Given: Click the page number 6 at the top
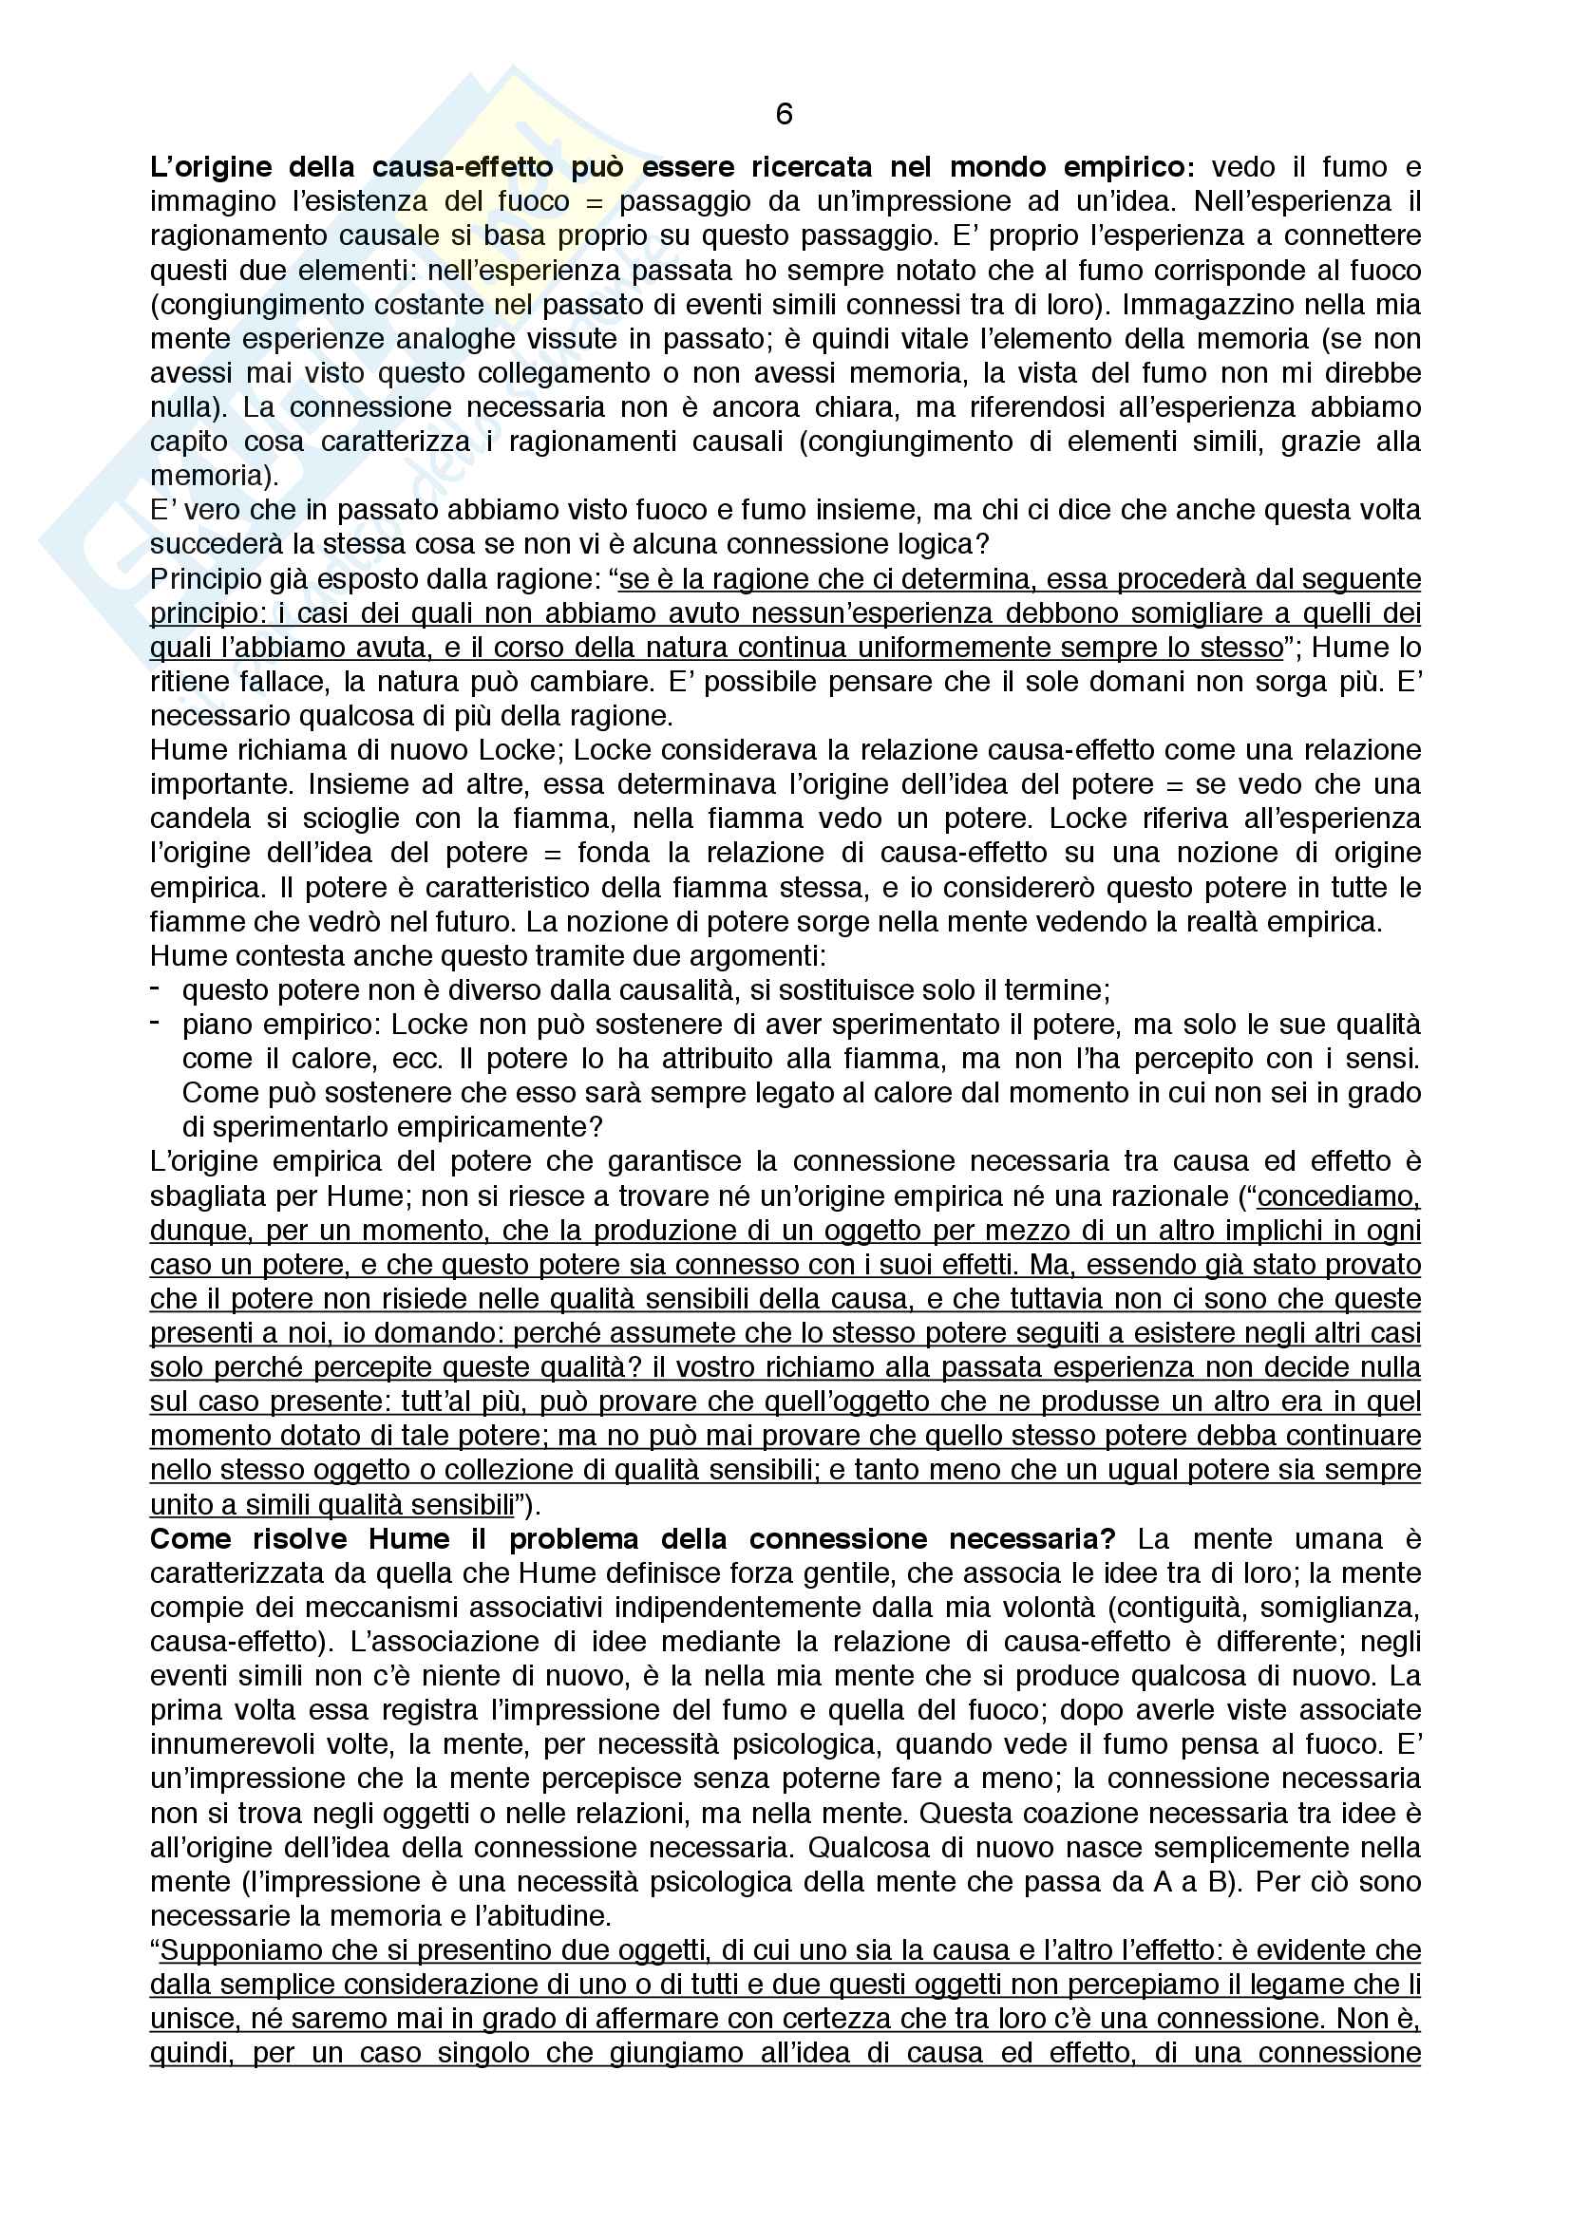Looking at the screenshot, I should [784, 115].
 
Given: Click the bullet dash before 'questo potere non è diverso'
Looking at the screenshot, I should [155, 988].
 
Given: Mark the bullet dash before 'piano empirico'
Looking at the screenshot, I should [155, 1024].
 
